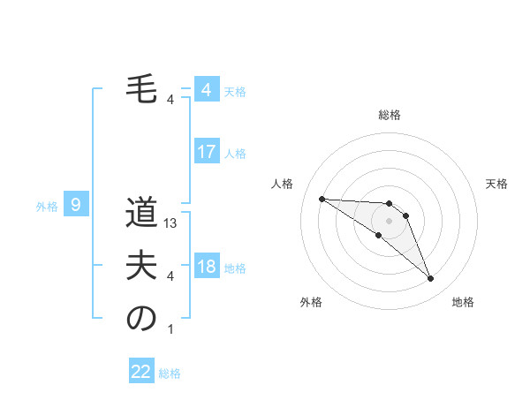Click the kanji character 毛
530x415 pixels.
coord(141,89)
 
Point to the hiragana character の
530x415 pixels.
coord(141,319)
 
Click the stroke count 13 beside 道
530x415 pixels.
coord(171,223)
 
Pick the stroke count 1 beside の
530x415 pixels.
coord(170,329)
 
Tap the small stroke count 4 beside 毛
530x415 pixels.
coord(170,100)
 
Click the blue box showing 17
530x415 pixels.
coord(207,151)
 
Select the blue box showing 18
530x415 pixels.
coord(207,267)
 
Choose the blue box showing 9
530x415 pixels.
coord(76,205)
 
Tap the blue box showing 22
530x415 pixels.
coord(141,372)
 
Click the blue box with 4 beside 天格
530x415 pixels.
coord(207,89)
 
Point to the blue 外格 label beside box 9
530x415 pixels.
coord(47,207)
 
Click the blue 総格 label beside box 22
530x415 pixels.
coord(170,373)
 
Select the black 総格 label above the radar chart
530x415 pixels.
coord(389,115)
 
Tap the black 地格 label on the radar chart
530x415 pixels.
coord(463,302)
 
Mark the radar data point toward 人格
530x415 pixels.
coord(322,199)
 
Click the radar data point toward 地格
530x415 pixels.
coord(430,279)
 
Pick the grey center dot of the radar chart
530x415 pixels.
coord(389,220)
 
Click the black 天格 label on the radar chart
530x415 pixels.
coord(497,184)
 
